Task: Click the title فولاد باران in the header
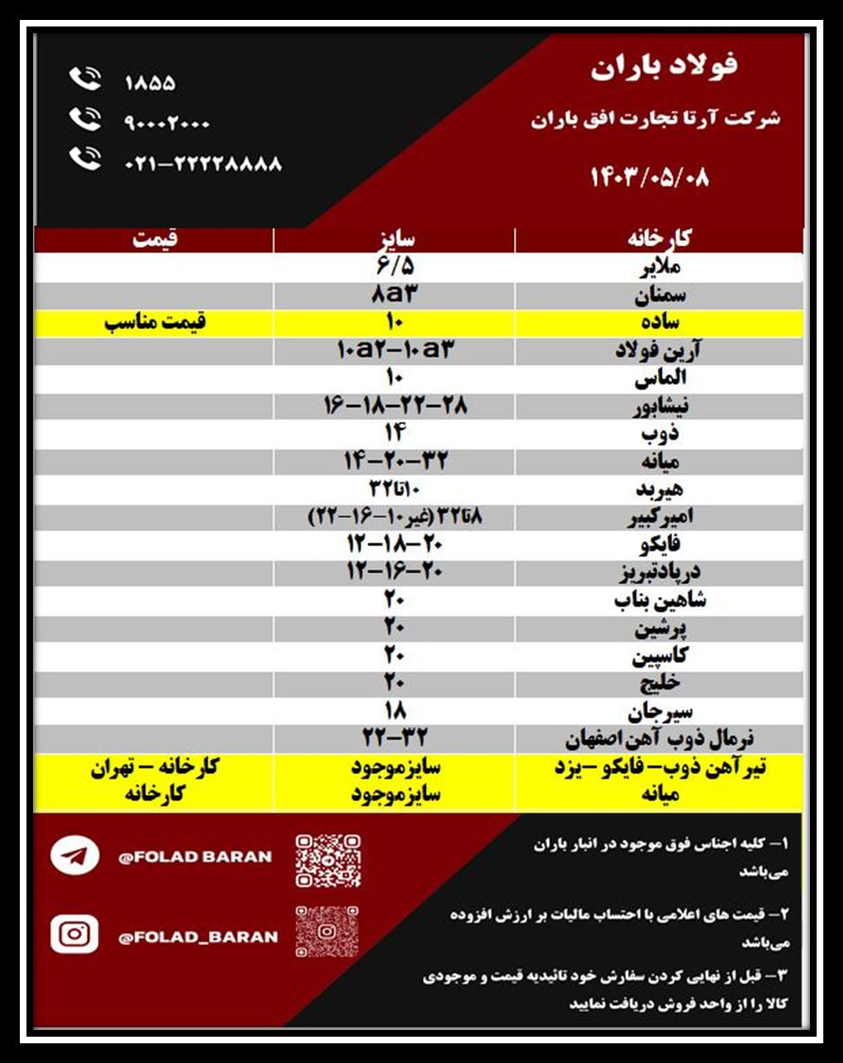(x=665, y=68)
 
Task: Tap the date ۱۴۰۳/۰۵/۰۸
(x=650, y=177)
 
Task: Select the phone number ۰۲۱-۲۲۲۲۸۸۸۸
(x=204, y=163)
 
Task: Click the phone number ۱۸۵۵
(x=150, y=83)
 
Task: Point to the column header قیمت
(x=154, y=239)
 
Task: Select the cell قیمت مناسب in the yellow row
(x=155, y=323)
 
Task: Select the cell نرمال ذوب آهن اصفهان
(x=659, y=739)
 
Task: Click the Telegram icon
(x=75, y=856)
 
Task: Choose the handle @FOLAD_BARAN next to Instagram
(x=199, y=936)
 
